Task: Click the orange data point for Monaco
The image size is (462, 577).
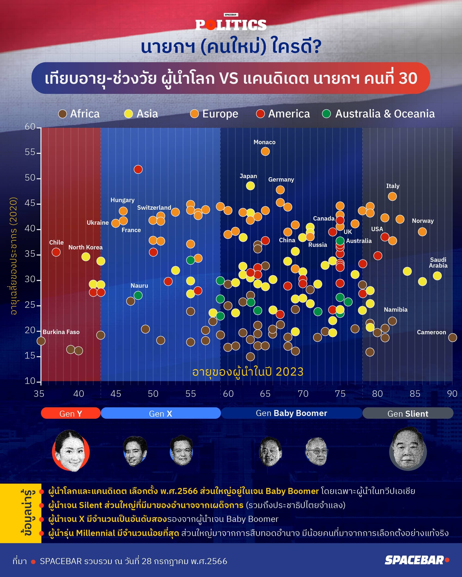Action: click(265, 152)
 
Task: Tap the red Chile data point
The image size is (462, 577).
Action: click(56, 252)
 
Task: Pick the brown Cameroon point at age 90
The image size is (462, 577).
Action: click(452, 338)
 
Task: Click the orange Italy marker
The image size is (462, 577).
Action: click(392, 196)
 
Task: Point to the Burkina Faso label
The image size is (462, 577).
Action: click(61, 332)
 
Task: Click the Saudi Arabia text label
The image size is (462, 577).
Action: click(438, 263)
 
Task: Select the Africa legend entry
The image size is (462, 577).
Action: click(79, 114)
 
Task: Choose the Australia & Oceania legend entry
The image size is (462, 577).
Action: click(378, 114)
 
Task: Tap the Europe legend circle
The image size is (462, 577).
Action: click(194, 114)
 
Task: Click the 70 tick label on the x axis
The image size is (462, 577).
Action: click(303, 394)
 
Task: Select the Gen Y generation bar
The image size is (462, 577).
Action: click(71, 413)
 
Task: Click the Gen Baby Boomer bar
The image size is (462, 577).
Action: click(291, 413)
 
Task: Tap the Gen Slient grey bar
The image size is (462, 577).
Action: click(408, 413)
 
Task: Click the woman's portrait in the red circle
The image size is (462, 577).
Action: click(71, 451)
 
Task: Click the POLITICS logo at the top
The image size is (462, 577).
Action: click(231, 25)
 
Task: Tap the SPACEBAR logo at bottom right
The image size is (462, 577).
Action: click(417, 560)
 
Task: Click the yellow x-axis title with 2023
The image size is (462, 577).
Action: click(248, 372)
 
